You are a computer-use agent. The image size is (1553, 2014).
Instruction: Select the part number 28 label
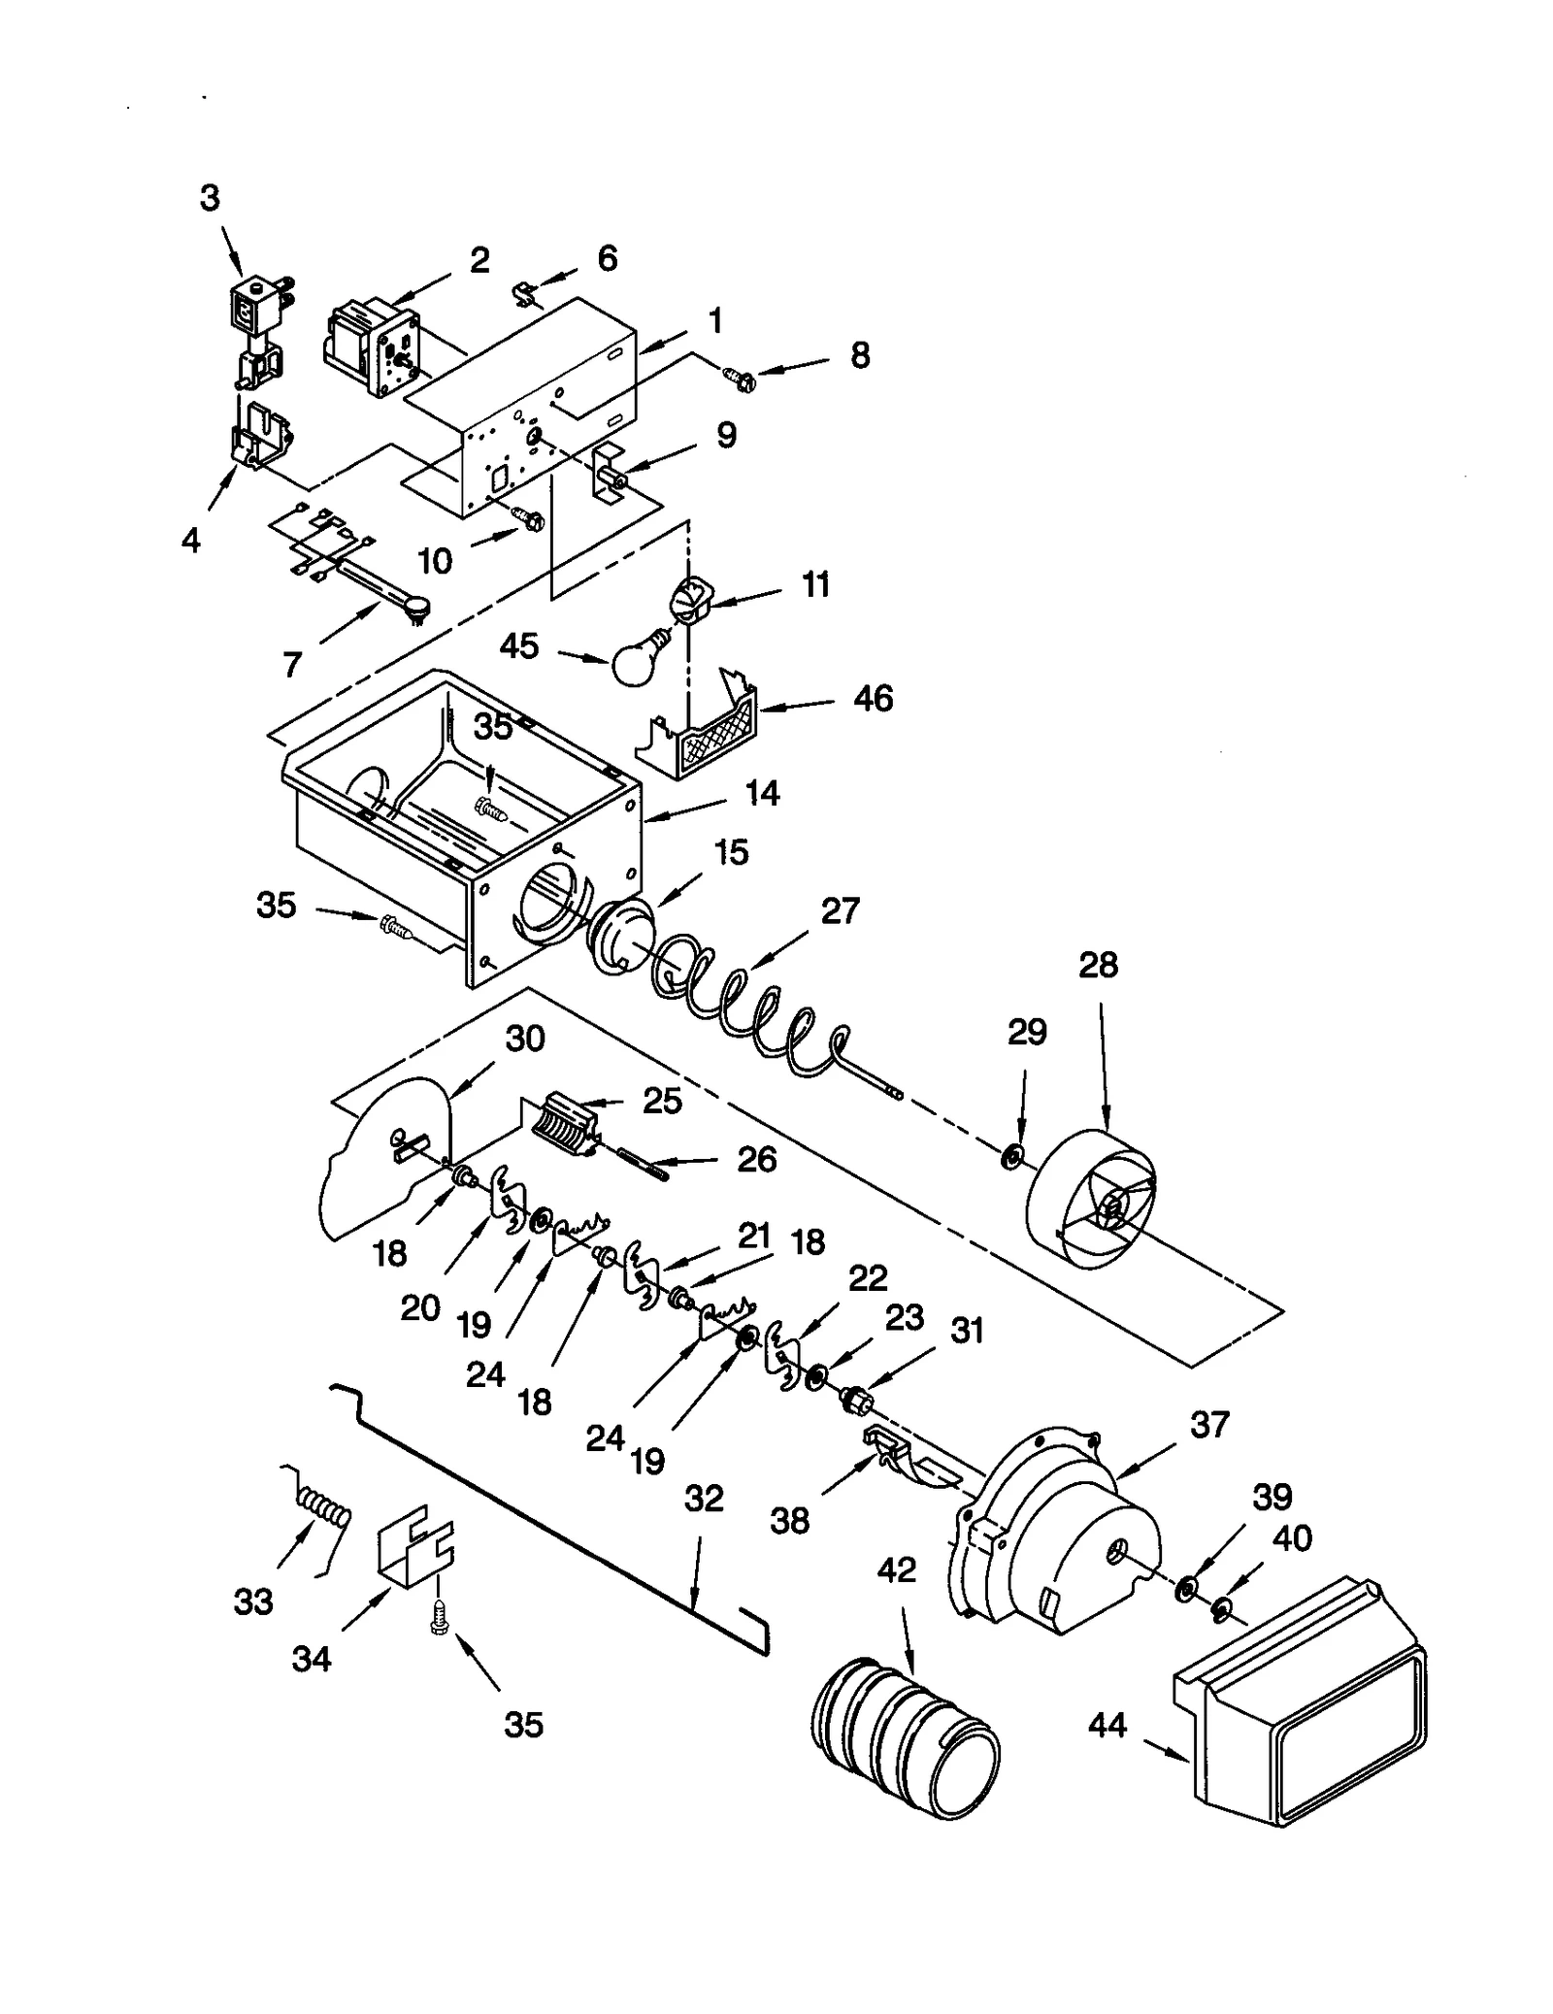tap(1098, 966)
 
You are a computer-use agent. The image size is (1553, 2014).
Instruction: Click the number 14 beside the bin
tap(762, 793)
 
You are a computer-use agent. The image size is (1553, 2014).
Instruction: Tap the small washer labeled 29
tap(1012, 1156)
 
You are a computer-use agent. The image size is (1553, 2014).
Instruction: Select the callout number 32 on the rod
tap(704, 1499)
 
